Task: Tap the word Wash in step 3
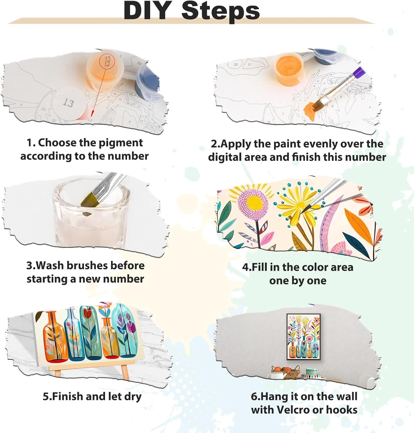click(x=51, y=266)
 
